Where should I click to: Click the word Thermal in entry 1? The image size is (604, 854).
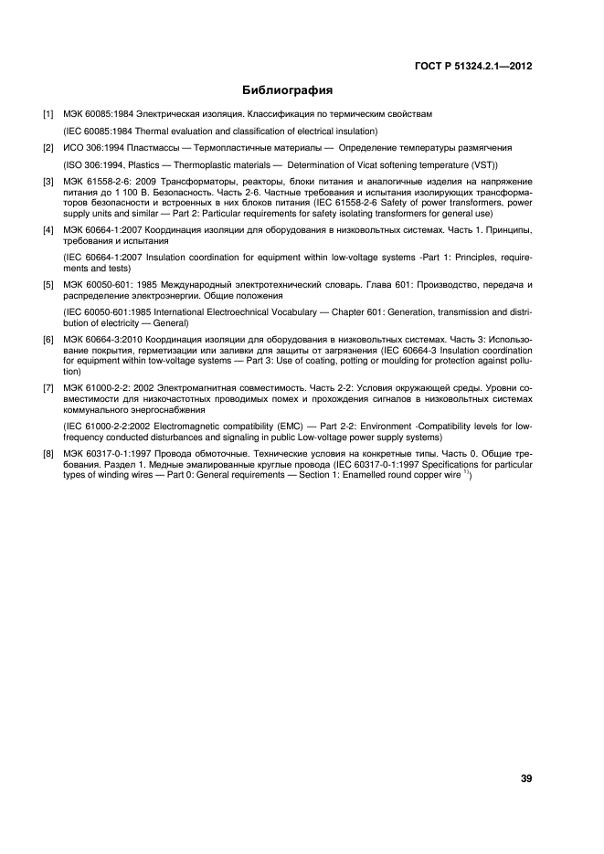[151, 131]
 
